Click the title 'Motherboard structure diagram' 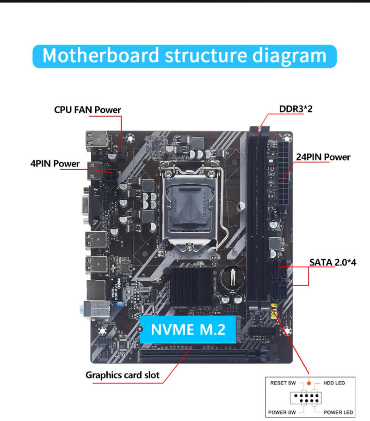[x=185, y=56]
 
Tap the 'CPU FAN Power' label [x=87, y=110]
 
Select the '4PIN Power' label [x=55, y=164]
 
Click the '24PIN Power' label [x=323, y=157]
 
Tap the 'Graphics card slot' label [x=123, y=375]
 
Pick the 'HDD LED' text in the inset [x=333, y=383]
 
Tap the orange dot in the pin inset [x=309, y=384]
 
